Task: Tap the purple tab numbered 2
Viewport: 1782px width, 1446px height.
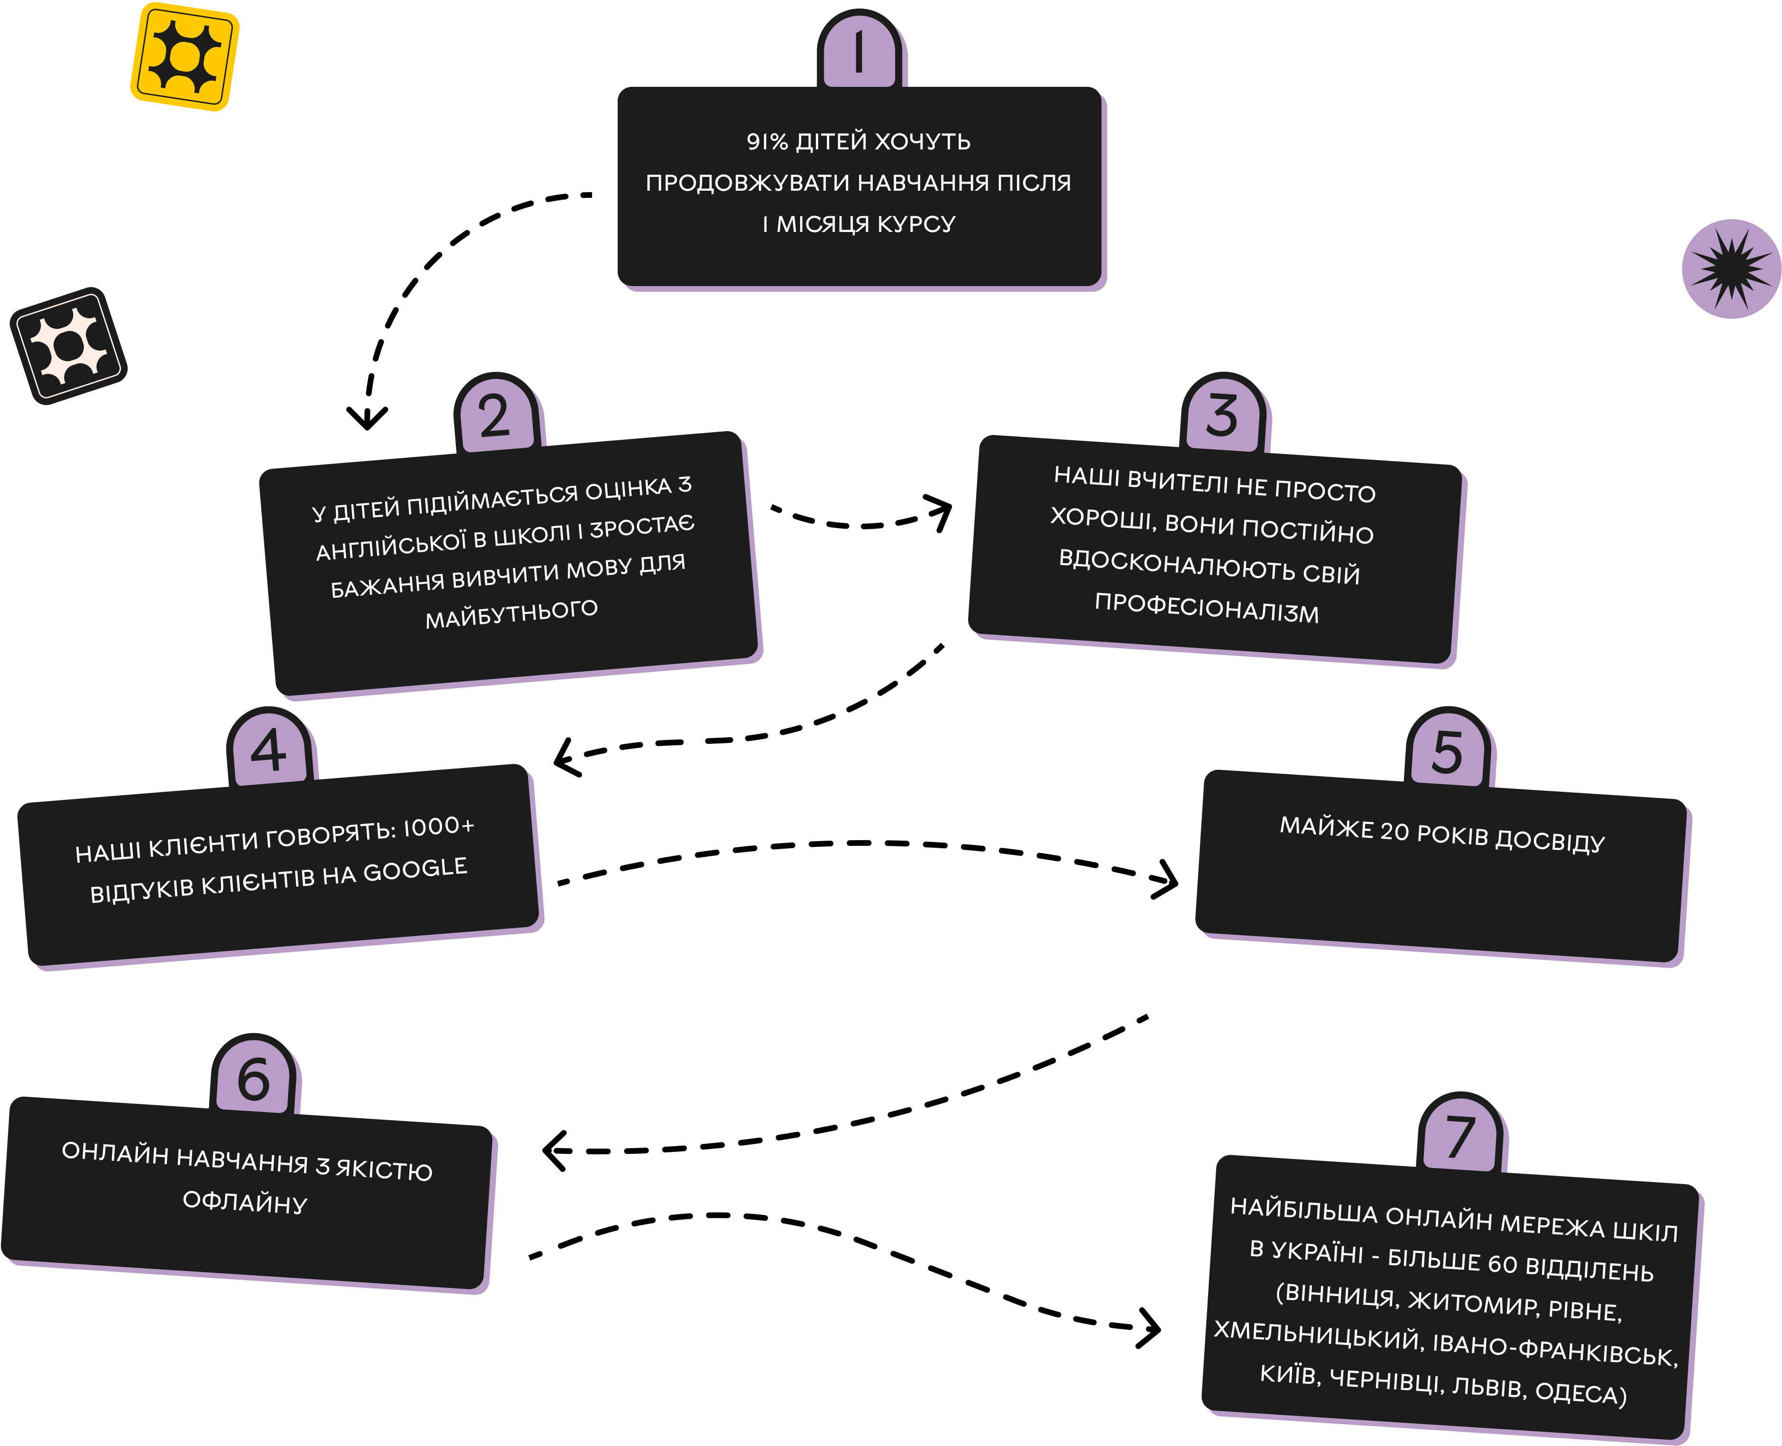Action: pos(497,414)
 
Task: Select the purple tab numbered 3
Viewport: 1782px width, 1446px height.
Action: pos(1223,414)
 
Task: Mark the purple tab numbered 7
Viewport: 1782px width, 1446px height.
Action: pos(1461,1134)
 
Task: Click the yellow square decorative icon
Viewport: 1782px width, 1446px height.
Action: pos(185,56)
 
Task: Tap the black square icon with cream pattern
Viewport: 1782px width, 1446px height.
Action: pos(68,346)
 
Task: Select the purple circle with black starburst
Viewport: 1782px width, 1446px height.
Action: pos(1731,269)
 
